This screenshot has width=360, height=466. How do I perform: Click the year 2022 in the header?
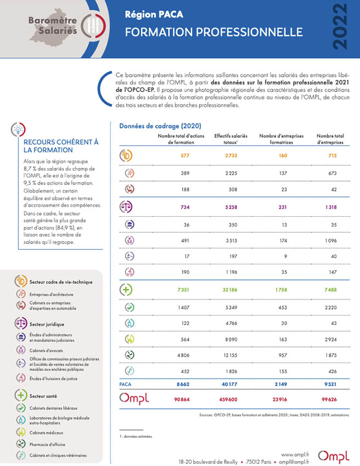pos(340,27)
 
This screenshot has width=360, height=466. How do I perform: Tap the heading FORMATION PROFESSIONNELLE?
pos(214,32)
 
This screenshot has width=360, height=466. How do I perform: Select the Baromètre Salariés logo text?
pos(53,25)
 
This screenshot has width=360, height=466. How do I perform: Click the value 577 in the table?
pos(185,155)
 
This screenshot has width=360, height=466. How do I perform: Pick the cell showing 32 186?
pos(230,290)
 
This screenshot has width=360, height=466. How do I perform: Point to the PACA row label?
pos(125,384)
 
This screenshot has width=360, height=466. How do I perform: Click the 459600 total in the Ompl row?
pos(228,400)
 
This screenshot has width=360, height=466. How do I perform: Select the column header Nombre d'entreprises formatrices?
pos(282,139)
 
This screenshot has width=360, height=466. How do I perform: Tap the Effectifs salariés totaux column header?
pos(231,139)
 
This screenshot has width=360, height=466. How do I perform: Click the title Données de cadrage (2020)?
pos(160,126)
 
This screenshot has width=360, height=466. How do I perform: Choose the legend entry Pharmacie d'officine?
pos(47,444)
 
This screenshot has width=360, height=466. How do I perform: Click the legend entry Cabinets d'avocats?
pos(46,351)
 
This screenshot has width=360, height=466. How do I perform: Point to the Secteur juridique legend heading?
pos(47,324)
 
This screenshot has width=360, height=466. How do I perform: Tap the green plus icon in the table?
pos(126,289)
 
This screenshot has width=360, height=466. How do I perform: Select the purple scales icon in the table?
pos(126,207)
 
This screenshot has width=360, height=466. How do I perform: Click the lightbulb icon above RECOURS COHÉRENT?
pos(18,130)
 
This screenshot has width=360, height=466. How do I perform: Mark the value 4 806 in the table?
pos(183,355)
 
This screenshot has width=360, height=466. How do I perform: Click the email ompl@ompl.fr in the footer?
pos(294,462)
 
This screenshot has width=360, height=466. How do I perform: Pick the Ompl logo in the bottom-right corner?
pos(334,457)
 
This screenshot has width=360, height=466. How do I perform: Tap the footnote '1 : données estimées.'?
pos(136,436)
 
